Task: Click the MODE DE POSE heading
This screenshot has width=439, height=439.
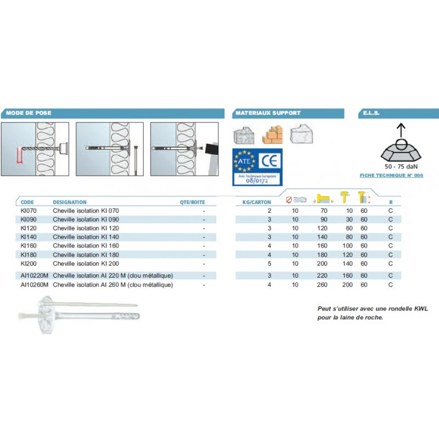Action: click(x=28, y=113)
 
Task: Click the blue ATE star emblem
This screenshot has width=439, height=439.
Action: click(x=245, y=160)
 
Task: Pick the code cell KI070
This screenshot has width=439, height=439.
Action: click(x=27, y=211)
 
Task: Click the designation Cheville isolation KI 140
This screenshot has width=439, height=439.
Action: click(x=86, y=237)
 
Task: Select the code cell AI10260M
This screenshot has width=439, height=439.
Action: click(x=35, y=285)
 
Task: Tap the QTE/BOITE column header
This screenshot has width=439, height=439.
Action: click(x=192, y=202)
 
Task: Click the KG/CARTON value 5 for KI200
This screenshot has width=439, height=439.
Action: click(x=269, y=263)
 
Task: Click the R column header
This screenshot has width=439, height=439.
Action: click(x=391, y=202)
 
